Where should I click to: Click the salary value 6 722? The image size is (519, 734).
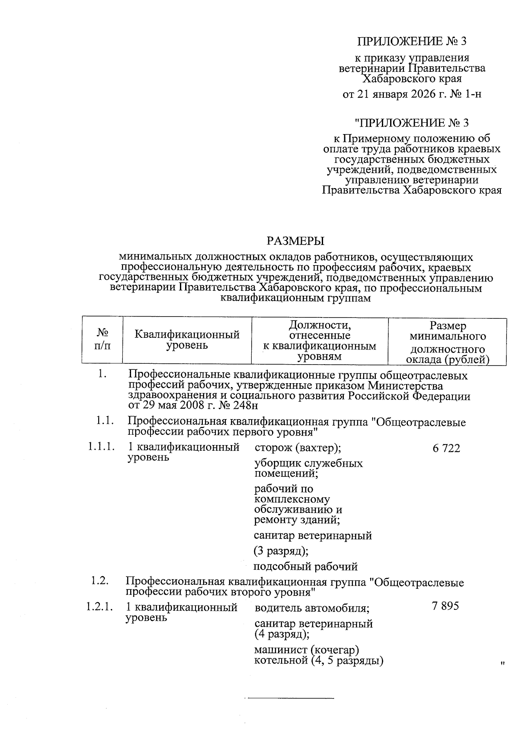coord(446,449)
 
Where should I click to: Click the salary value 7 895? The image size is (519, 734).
coord(445,606)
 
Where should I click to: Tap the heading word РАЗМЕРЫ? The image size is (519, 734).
coord(295,241)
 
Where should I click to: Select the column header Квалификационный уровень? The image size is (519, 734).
coord(187,340)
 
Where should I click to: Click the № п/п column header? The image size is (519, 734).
coord(102,340)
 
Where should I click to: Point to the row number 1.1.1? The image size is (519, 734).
coord(101,447)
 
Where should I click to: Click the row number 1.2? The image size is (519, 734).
coord(99,581)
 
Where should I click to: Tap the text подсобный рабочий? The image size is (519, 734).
coord(305,566)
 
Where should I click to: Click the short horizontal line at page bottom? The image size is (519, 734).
coord(290,698)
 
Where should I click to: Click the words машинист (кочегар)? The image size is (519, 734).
coord(307,650)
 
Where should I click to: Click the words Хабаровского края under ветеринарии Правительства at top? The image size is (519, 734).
coord(412,79)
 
